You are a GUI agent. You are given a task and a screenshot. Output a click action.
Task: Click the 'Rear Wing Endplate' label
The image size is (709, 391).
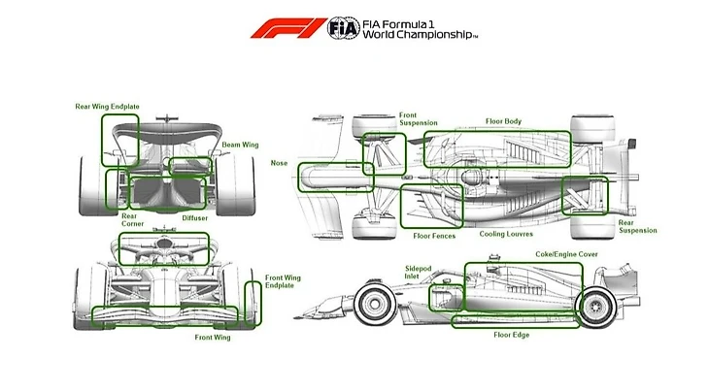click(108, 107)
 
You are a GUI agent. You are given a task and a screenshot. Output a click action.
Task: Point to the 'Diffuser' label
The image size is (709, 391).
click(194, 217)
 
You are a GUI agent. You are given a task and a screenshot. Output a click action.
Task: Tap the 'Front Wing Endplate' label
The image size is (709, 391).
click(283, 282)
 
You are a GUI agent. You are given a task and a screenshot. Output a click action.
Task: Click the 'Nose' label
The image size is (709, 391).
click(281, 163)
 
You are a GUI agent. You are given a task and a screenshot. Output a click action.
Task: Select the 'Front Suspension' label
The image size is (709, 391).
click(418, 119)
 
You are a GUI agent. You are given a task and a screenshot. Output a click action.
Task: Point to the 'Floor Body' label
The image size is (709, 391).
click(503, 121)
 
